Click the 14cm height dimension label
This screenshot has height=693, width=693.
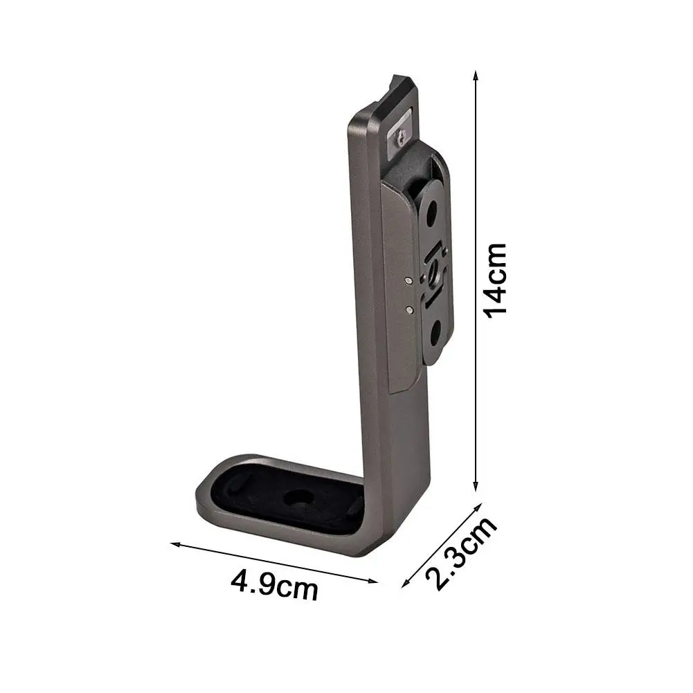(496, 280)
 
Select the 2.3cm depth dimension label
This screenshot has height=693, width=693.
(461, 553)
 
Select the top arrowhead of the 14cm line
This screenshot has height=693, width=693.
(476, 73)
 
